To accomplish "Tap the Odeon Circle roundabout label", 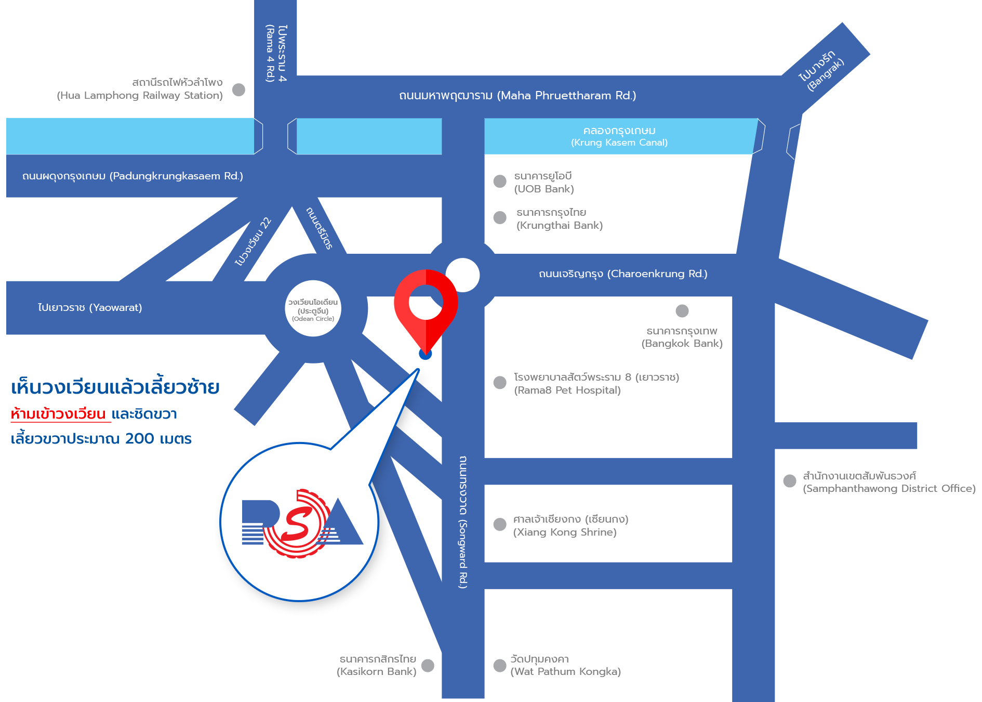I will click(x=313, y=310).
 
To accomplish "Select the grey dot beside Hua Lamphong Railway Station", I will click(x=238, y=90).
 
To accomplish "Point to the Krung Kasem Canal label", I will click(x=619, y=136).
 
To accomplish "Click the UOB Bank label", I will click(x=543, y=183).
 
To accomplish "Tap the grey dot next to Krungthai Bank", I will click(x=500, y=217).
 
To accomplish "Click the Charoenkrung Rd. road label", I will click(x=622, y=274).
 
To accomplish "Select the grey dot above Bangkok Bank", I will click(x=682, y=311).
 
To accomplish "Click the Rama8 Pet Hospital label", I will click(x=596, y=384).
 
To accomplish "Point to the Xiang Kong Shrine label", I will click(x=570, y=525).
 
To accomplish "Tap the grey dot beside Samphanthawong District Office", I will click(x=789, y=481).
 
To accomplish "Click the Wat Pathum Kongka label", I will click(x=565, y=665).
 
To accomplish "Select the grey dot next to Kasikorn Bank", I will click(x=428, y=666).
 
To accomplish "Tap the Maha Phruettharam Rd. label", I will click(x=517, y=96).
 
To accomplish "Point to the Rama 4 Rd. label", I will click(x=276, y=53).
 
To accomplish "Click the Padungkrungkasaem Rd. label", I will click(x=132, y=176).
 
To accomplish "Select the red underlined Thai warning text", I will click(x=58, y=414).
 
